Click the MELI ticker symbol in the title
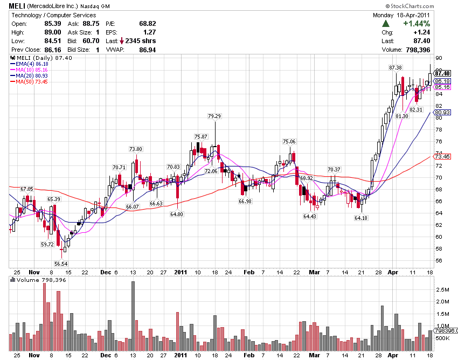(17, 6)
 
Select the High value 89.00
(53, 32)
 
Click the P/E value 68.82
(148, 24)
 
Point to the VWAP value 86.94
(148, 50)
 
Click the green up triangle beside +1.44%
(386, 24)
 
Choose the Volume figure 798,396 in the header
(418, 50)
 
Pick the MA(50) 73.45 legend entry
(29, 81)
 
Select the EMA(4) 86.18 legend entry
(29, 64)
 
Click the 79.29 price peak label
(214, 116)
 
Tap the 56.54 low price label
(61, 264)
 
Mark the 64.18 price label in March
(361, 218)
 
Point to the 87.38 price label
(395, 67)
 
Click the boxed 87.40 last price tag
(442, 73)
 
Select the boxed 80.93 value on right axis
(442, 112)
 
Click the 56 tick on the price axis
(439, 261)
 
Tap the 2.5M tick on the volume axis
(442, 289)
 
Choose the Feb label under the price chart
(249, 272)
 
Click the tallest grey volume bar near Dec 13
(133, 316)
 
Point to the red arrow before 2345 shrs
(122, 41)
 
